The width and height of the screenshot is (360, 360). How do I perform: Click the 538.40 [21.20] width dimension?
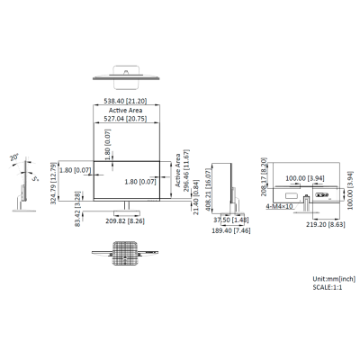133,103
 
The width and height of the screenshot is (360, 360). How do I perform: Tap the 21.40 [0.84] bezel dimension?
196,203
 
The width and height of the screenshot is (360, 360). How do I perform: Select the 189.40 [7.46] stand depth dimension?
229,230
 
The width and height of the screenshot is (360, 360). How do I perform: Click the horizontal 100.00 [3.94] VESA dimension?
302,178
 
